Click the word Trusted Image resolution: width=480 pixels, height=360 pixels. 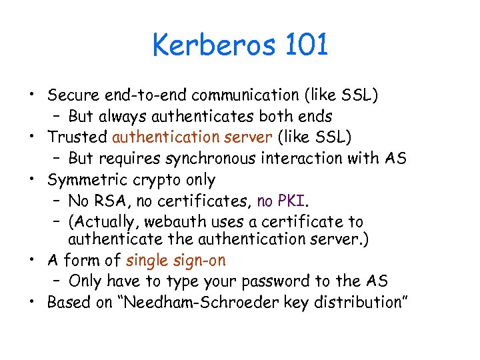[77, 137]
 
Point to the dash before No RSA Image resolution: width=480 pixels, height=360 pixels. [57, 201]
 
